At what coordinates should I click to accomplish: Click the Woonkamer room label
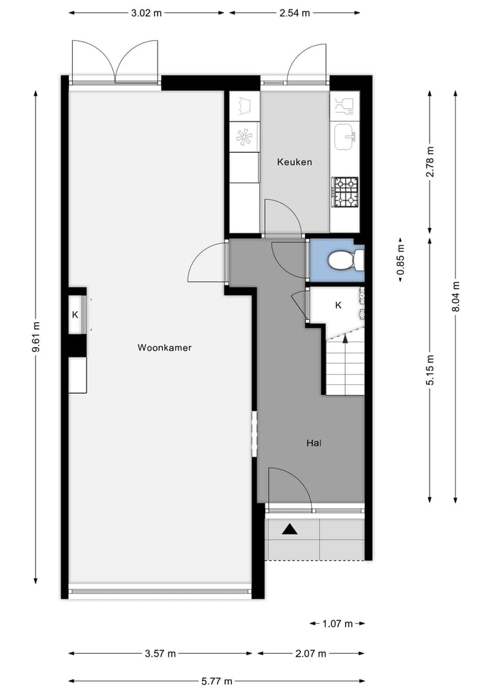(164, 347)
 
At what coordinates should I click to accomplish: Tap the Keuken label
(295, 162)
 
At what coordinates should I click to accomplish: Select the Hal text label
(314, 443)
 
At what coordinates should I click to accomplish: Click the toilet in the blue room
(344, 260)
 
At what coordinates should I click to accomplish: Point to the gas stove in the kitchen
(344, 192)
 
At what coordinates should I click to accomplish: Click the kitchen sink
(344, 136)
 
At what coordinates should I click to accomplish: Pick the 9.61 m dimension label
(35, 338)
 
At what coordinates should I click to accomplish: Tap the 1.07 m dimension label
(338, 623)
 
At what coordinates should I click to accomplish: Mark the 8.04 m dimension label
(456, 297)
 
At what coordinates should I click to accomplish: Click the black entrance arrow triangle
(291, 528)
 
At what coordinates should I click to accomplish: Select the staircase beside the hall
(344, 368)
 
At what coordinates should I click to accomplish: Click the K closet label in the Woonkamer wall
(76, 315)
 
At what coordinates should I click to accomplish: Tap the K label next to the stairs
(338, 305)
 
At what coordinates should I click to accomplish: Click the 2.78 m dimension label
(429, 162)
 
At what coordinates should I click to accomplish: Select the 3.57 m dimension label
(160, 654)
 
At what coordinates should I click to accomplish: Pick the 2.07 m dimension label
(311, 654)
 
